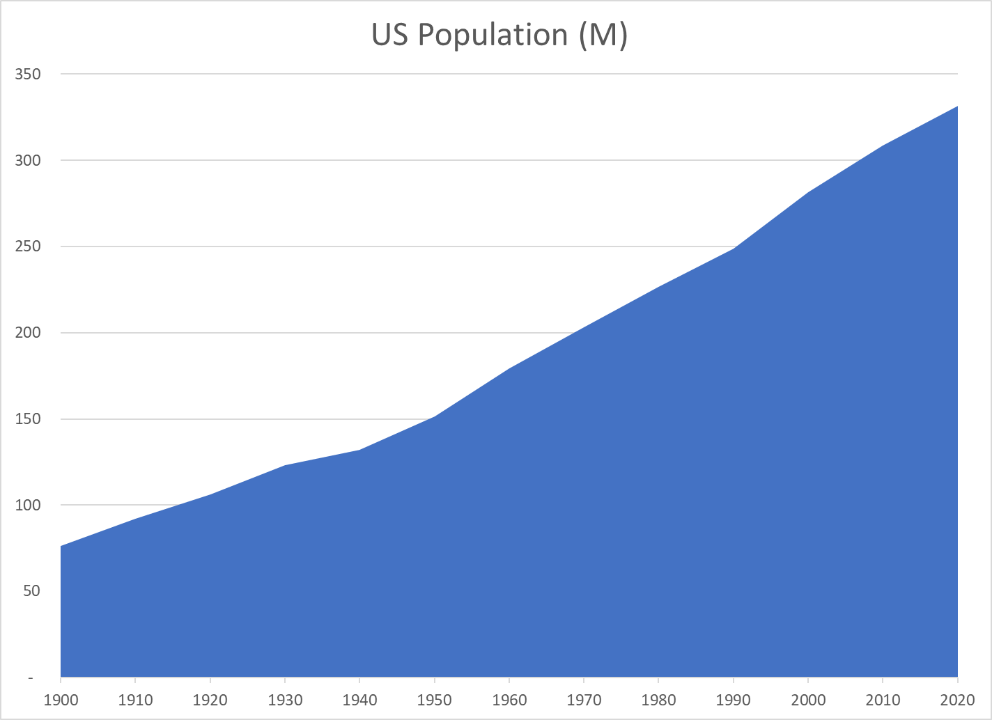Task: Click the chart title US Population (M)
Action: [499, 35]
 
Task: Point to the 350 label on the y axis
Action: [28, 74]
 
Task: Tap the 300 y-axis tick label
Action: [28, 160]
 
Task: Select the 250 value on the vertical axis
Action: [28, 246]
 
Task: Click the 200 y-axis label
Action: [28, 333]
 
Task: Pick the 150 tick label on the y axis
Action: [28, 419]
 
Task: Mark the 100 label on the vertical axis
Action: [28, 505]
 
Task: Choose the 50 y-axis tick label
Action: [31, 591]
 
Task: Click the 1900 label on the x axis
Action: [61, 700]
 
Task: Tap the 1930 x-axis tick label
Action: [285, 700]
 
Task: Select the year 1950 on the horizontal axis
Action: [435, 700]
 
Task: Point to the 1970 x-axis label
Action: [584, 700]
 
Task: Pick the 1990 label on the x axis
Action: [734, 700]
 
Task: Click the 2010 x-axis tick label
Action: [883, 700]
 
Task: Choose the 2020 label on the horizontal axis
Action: [957, 700]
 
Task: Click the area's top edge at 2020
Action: [957, 107]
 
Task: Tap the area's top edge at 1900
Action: [61, 546]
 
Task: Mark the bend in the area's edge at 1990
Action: [734, 249]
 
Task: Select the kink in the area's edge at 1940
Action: [359, 450]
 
